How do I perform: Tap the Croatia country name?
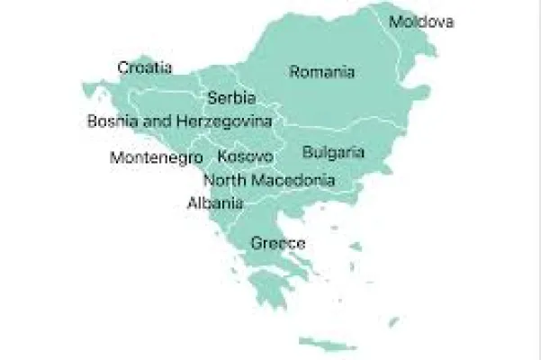click(x=146, y=67)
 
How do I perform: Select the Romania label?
click(x=322, y=73)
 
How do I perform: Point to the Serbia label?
click(x=231, y=98)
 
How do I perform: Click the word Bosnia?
click(x=112, y=120)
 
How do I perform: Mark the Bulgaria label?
click(x=334, y=152)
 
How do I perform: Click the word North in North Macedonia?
click(x=224, y=180)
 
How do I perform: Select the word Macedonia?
click(x=293, y=180)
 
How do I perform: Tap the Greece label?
click(x=278, y=243)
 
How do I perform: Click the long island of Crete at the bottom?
click(x=329, y=344)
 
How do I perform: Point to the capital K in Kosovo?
click(x=222, y=157)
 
